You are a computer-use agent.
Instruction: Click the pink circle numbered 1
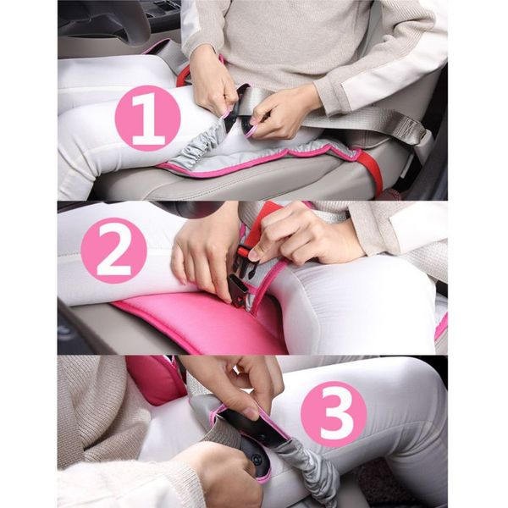147,119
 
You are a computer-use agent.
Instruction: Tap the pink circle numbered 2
113,251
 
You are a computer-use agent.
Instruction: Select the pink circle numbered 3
334,414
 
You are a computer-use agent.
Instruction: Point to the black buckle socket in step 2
238,289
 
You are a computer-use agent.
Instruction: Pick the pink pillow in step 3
155,379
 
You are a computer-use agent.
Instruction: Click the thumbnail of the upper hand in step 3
249,414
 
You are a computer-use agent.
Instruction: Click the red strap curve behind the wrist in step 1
183,76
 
